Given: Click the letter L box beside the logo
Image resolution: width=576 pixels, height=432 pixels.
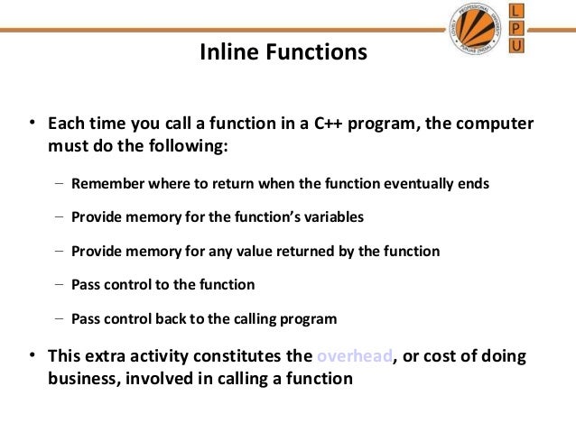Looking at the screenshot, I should click(x=516, y=12).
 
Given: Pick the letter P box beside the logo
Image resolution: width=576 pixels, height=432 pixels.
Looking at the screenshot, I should click(x=516, y=28).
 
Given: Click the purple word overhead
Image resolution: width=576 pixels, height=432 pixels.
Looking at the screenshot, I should click(x=355, y=356).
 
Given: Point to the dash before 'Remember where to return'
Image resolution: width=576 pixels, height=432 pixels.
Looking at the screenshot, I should click(x=59, y=183).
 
